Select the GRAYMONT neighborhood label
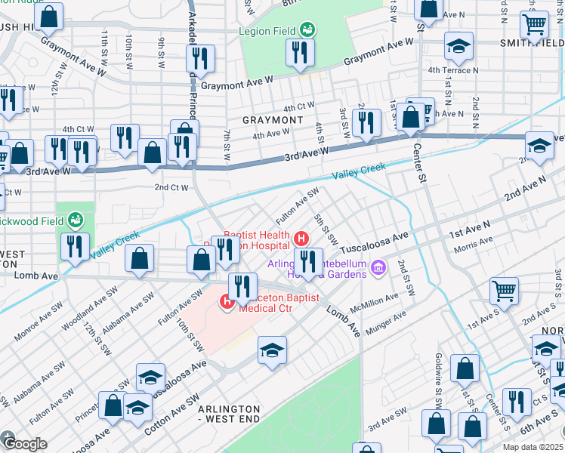(x=273, y=120)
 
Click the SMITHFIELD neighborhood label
(x=532, y=43)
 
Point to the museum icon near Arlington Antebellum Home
(x=379, y=268)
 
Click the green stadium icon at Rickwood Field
(x=75, y=220)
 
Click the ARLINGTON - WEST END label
(x=229, y=414)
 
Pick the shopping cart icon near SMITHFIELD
(x=535, y=25)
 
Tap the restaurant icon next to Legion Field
(x=299, y=51)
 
